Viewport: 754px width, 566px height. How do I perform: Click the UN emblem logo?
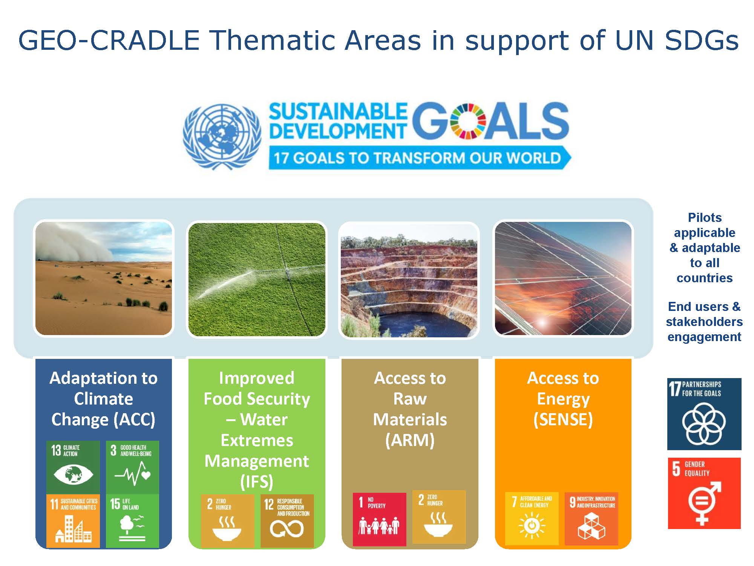point(222,137)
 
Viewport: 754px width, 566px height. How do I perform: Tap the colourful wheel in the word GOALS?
point(468,119)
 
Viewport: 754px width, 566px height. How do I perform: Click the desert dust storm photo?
point(104,278)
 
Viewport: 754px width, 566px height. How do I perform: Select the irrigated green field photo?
point(257,279)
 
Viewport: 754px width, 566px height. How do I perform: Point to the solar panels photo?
point(563,278)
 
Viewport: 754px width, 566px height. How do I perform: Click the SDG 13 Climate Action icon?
point(73,468)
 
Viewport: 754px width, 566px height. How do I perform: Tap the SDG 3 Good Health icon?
point(132,468)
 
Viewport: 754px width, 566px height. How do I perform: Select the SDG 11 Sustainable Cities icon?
point(73,521)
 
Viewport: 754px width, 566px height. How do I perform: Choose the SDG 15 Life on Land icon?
point(132,521)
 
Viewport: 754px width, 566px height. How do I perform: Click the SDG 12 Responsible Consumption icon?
point(287,521)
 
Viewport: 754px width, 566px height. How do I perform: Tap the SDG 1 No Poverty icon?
point(380,519)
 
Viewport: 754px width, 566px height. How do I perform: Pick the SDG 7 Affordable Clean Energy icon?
point(532,518)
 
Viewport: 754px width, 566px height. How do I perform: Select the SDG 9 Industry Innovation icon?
point(592,518)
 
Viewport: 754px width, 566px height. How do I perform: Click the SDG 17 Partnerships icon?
point(704,414)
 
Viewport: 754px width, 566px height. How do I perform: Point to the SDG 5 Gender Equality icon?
point(704,493)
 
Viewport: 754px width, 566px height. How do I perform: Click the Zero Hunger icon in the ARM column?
point(439,517)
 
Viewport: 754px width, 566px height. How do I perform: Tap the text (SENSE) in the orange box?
point(563,420)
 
